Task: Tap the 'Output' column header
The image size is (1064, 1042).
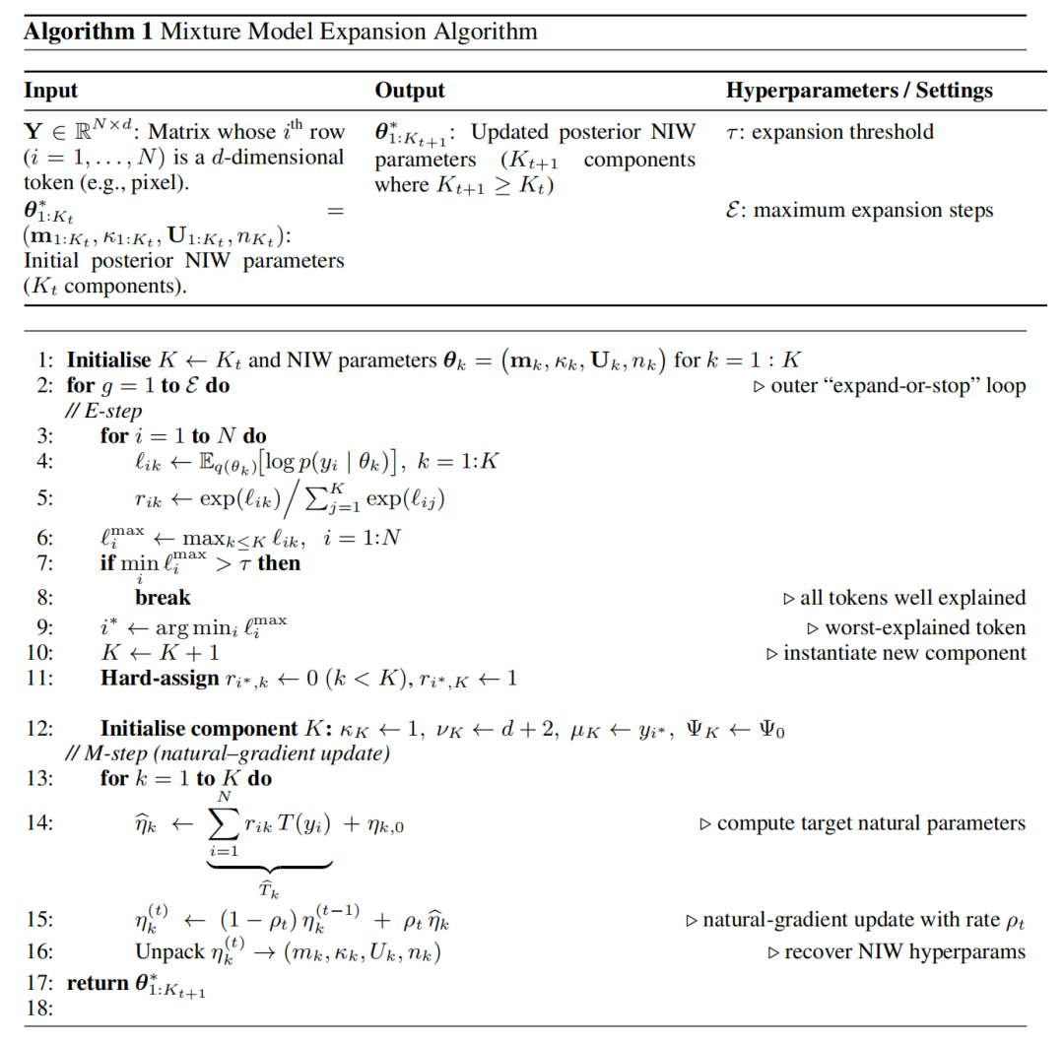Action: (410, 91)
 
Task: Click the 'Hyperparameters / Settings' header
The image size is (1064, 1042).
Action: (859, 91)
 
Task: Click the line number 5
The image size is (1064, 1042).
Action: (45, 497)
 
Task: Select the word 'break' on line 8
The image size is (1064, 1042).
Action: (163, 597)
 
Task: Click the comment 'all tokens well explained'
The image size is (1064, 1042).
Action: (911, 598)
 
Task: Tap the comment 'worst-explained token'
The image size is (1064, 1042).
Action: (923, 627)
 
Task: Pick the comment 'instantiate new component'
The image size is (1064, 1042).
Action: (903, 653)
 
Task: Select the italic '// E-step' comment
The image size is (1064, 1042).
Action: (103, 412)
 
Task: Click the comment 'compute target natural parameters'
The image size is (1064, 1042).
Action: (871, 823)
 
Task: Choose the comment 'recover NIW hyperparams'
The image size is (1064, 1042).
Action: (904, 952)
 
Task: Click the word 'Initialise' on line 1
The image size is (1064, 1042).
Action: (108, 360)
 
